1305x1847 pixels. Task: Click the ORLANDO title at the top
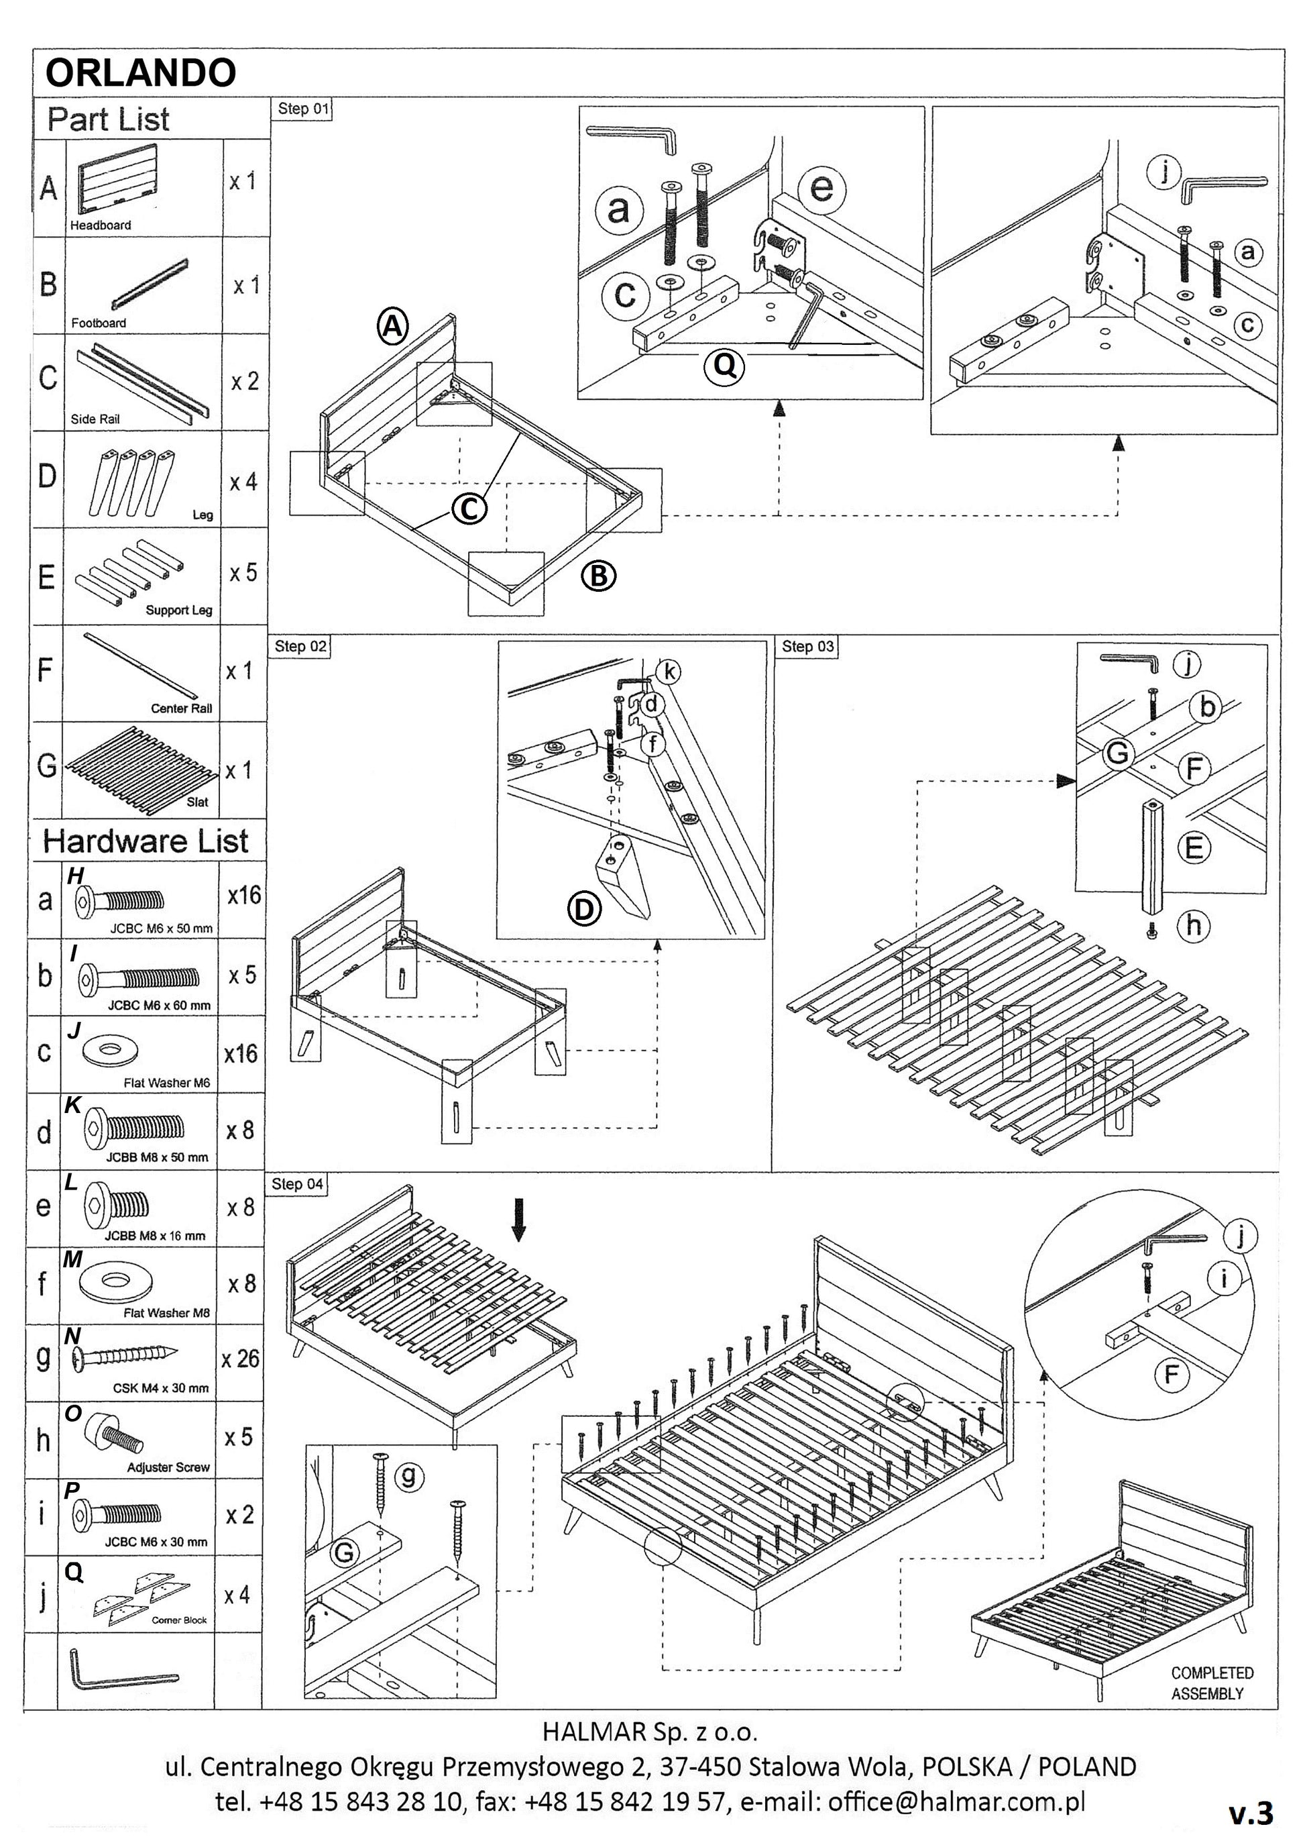click(141, 73)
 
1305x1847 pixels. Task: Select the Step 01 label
click(303, 109)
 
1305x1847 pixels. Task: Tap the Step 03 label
click(807, 646)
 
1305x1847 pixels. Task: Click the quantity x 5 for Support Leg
click(243, 573)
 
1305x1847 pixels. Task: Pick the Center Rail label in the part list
click(181, 708)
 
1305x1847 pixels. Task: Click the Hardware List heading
click(146, 841)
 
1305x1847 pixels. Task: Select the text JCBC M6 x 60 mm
click(159, 1005)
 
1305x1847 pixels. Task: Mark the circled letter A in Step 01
click(393, 327)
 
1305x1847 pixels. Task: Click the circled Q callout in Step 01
click(724, 366)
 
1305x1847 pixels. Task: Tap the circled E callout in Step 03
click(1194, 847)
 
